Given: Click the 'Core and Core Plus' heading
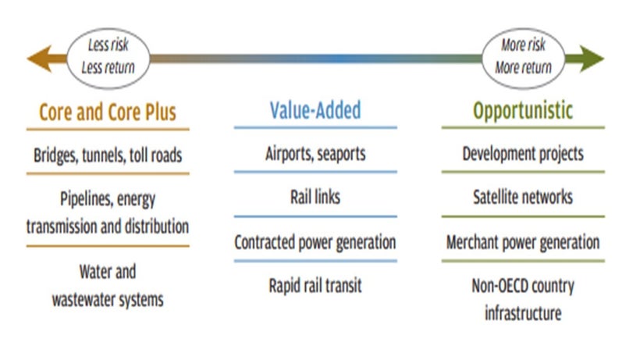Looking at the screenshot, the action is tap(108, 112).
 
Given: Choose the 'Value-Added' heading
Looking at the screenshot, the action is tap(315, 110).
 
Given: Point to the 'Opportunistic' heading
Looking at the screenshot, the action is tap(523, 111).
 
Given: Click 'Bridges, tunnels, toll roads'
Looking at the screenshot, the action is tap(108, 155).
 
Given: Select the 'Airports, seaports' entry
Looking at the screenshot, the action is tap(315, 154).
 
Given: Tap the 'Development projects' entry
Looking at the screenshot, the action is tap(523, 154).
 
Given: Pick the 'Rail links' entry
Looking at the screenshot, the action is tap(315, 197).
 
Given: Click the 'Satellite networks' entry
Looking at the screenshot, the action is tap(523, 197).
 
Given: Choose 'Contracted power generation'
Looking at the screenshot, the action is tap(315, 242).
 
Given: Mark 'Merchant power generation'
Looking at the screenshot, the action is tap(523, 242).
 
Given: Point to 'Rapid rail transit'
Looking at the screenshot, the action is tap(315, 286).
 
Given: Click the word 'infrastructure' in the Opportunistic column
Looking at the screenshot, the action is tap(523, 313).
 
